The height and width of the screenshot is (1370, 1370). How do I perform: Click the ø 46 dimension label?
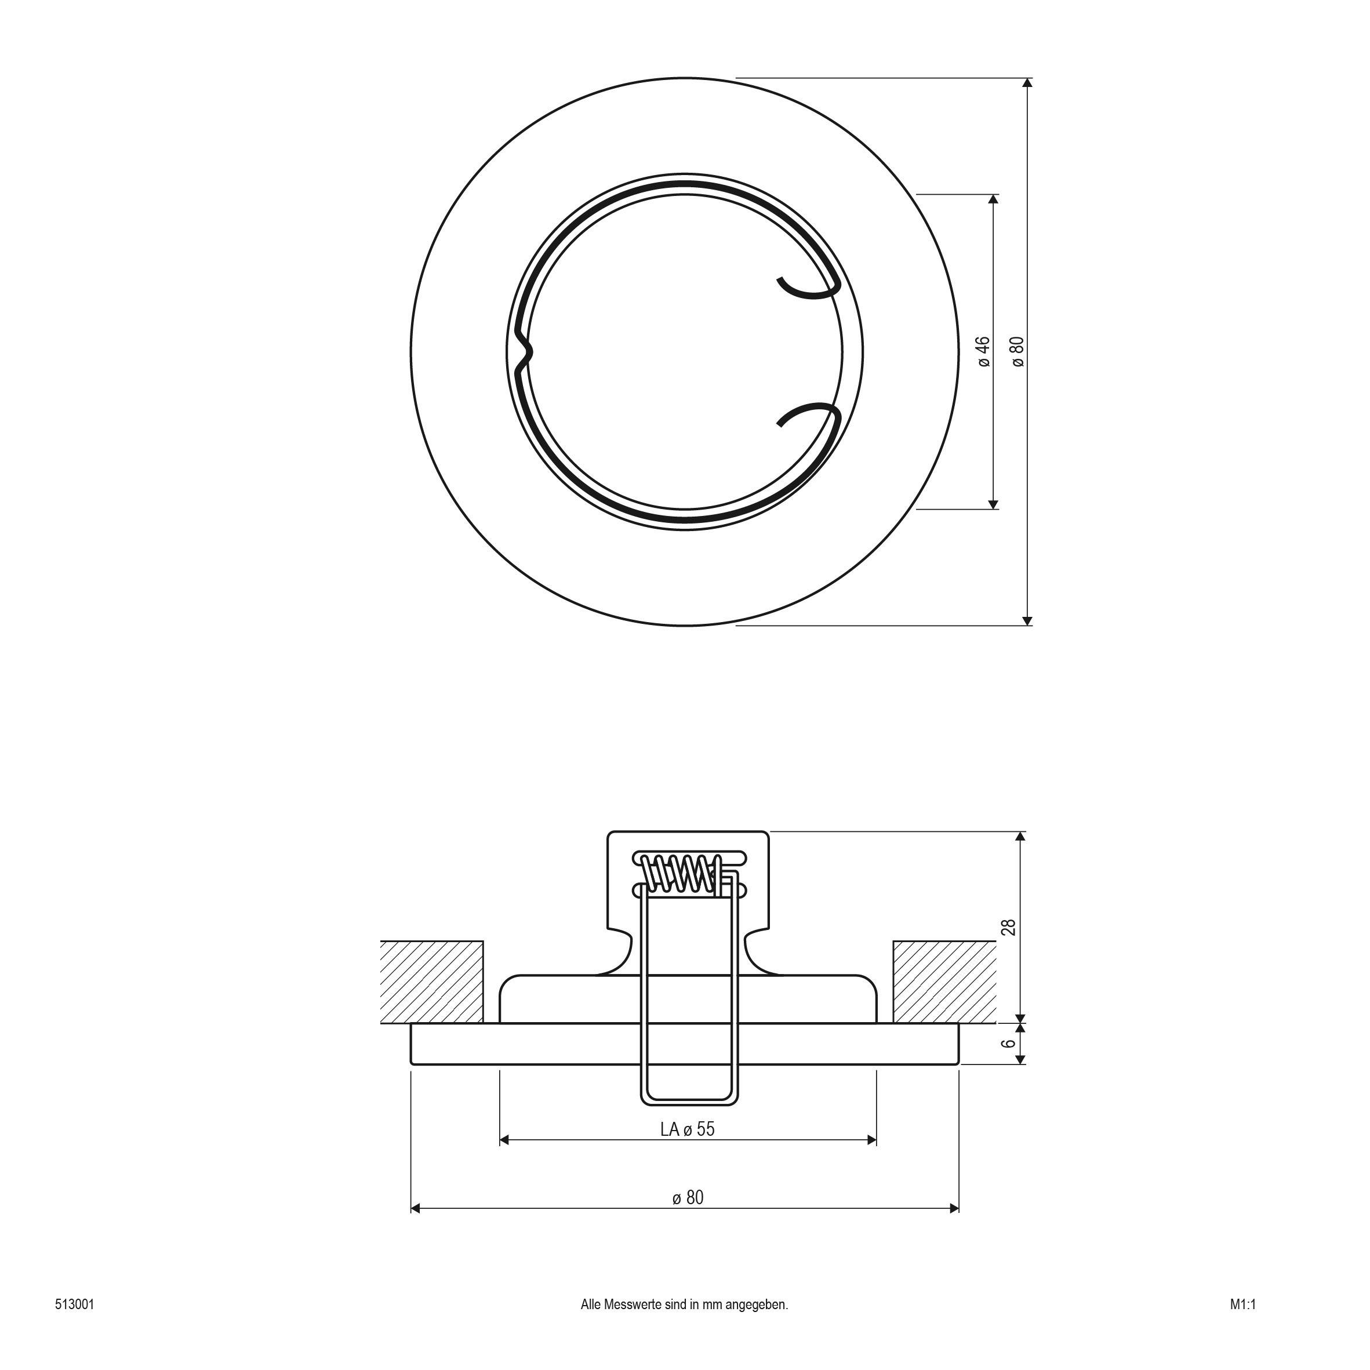[983, 352]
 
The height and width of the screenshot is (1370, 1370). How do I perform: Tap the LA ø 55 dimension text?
[687, 1129]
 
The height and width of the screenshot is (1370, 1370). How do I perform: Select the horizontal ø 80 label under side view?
[688, 1198]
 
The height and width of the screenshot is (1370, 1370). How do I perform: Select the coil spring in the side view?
[681, 873]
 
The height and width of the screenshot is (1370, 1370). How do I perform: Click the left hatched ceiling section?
[431, 982]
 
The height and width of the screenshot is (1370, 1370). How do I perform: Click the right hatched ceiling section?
[944, 982]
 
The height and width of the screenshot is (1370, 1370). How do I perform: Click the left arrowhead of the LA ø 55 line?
[505, 1140]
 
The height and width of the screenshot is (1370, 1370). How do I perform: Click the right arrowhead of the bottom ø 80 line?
[954, 1208]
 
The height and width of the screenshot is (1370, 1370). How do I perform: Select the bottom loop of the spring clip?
[687, 1100]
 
